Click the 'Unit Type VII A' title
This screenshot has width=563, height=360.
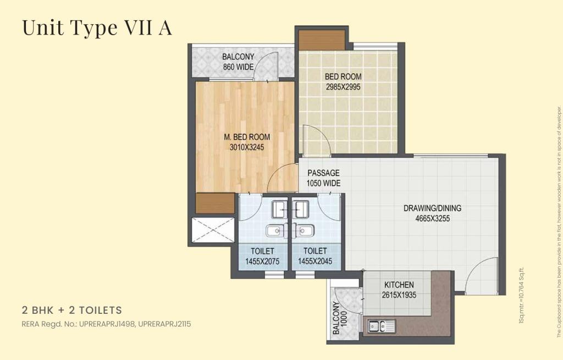tap(97, 27)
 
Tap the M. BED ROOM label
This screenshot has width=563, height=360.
tap(247, 137)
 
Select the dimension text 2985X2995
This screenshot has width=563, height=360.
tap(343, 87)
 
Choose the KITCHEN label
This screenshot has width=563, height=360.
tap(399, 285)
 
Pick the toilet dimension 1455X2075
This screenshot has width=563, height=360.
tap(262, 262)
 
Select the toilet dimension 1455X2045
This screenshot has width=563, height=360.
tap(315, 262)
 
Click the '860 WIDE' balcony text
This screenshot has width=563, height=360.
tap(238, 67)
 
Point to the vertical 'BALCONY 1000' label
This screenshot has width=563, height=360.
tap(340, 318)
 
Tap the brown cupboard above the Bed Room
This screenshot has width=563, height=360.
tap(322, 40)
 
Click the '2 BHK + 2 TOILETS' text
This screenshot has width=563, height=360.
tap(72, 310)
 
